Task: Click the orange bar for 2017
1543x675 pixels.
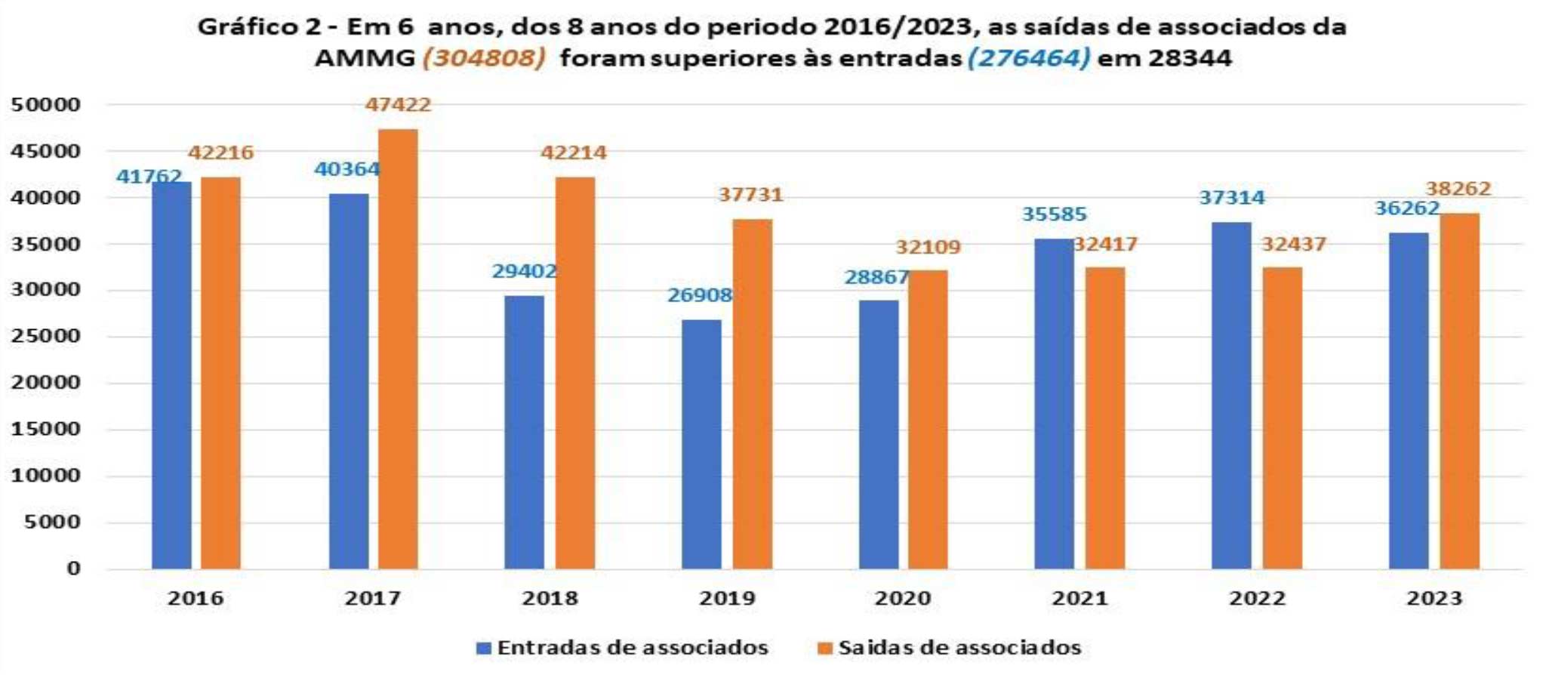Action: coord(398,349)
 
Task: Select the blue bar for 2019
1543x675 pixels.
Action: coord(701,444)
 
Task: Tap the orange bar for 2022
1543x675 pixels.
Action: coord(1282,418)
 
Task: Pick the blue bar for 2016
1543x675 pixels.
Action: coord(171,375)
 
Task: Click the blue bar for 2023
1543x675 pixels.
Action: coord(1409,400)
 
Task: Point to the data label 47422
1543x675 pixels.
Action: coord(398,104)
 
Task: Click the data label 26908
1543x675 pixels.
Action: coord(699,294)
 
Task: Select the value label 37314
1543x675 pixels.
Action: coord(1231,198)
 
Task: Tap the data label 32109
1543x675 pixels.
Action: coord(928,247)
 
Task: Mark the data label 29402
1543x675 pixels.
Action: coord(525,271)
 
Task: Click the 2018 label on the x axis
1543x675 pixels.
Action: coord(550,598)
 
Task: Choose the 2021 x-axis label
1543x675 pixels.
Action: coord(1080,598)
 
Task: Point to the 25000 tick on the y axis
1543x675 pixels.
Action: coord(45,336)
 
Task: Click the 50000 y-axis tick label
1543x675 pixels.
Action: coord(45,105)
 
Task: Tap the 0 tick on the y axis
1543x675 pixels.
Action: coord(73,569)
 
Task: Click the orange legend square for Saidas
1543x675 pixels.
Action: coord(825,648)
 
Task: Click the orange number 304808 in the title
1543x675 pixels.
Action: coord(484,58)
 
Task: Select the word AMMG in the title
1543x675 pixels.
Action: coord(365,58)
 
